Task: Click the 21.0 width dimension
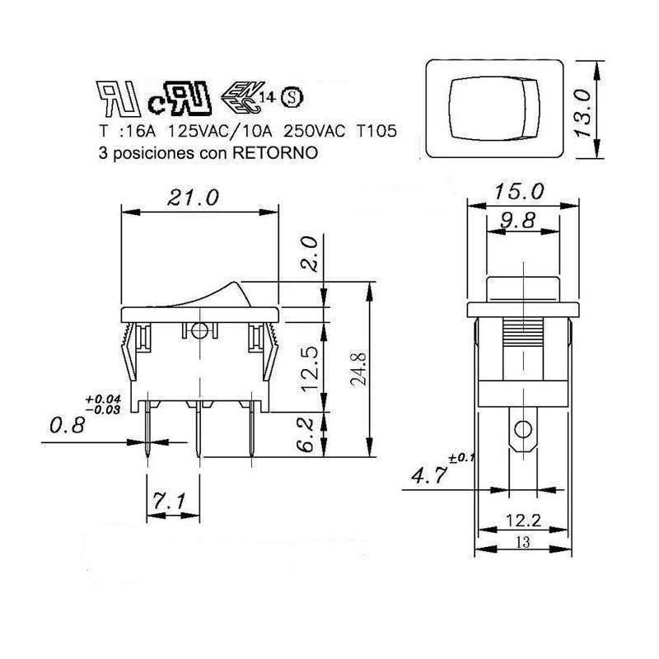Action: pos(194,198)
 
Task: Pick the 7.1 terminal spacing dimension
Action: pos(171,499)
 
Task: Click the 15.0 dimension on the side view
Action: pos(521,193)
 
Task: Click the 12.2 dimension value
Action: pos(523,520)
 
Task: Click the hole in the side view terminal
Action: pos(521,429)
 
